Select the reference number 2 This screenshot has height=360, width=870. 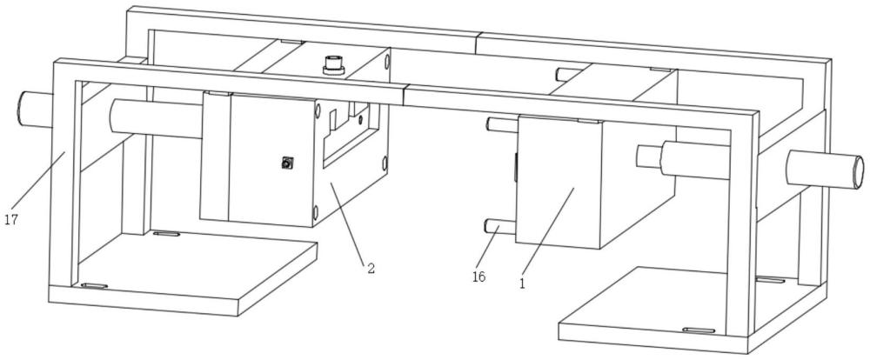pyautogui.click(x=371, y=269)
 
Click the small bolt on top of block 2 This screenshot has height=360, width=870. pyautogui.click(x=331, y=64)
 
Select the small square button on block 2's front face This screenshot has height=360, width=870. pyautogui.click(x=285, y=162)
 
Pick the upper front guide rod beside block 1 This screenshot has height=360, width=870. pyautogui.click(x=503, y=124)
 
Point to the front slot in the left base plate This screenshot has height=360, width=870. pyautogui.click(x=94, y=286)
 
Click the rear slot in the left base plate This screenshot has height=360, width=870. pyautogui.click(x=166, y=234)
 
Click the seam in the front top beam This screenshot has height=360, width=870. pyautogui.click(x=405, y=96)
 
